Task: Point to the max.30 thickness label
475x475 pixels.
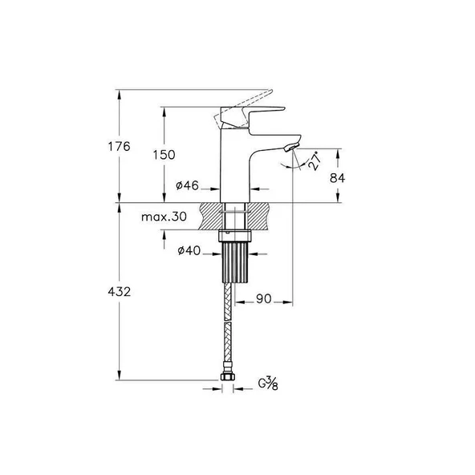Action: coord(164,216)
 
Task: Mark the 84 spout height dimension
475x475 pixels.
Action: coord(337,177)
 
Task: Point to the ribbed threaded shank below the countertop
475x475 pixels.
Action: coord(236,259)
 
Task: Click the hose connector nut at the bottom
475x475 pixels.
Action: coord(228,374)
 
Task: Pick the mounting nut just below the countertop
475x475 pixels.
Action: coord(236,236)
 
